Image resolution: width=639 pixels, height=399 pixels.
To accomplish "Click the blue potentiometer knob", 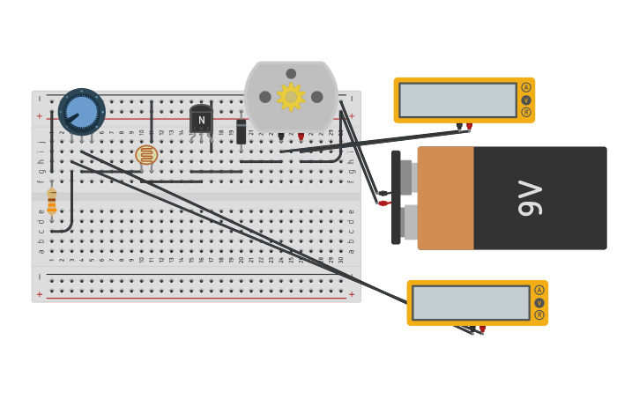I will pos(82,111).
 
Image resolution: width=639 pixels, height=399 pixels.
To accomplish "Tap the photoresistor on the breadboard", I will pos(146,155).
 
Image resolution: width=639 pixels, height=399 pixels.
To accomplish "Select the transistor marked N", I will pos(201,120).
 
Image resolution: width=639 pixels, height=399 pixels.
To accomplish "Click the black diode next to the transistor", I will pos(241,131).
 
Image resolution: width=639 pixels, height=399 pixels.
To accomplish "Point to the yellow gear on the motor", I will pos(291,97).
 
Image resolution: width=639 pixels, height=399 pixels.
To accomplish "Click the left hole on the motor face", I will pos(265,97).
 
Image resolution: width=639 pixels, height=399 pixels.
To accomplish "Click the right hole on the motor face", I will pos(317,97).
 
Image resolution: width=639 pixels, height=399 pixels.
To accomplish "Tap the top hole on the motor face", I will pos(291,74).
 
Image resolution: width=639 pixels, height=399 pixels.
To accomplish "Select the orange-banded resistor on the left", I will pos(52,202).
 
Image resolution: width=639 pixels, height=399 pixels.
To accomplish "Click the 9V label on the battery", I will pos(530,198).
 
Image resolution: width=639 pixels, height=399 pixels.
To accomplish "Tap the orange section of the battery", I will pos(445,198).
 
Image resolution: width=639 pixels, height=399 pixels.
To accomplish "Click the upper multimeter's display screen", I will pos(457,100).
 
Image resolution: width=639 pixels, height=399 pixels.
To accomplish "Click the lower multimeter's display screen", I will pos(471,303).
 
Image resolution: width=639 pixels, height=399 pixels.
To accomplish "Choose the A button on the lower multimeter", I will pos(539,290).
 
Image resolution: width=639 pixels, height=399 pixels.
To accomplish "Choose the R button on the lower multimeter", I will pos(539,314).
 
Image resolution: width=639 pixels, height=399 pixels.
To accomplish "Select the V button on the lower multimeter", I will pos(539,302).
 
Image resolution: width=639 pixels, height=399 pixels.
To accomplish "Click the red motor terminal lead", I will pos(301,137).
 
